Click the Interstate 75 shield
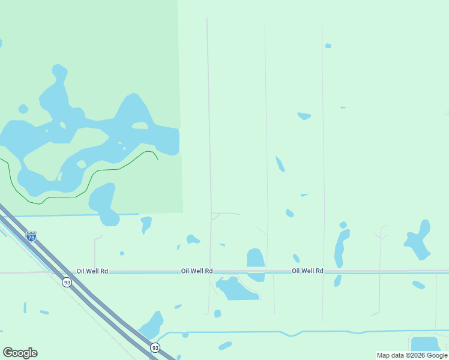click(31, 236)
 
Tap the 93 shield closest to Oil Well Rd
click(67, 282)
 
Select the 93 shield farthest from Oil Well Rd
click(155, 347)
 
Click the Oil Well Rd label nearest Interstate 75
click(92, 271)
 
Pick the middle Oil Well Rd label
click(197, 271)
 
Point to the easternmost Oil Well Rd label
click(307, 271)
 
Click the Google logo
click(20, 353)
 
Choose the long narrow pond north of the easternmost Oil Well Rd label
click(340, 247)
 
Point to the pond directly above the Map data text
click(425, 344)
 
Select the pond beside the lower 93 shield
click(152, 326)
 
